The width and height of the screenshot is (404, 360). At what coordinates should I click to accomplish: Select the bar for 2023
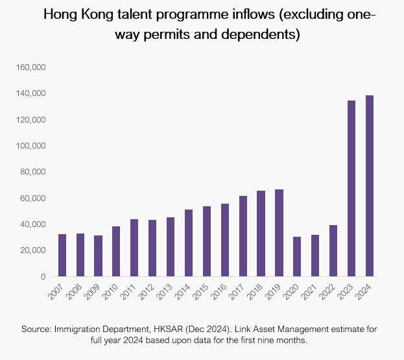(351, 189)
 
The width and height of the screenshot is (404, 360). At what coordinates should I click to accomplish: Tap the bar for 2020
(297, 257)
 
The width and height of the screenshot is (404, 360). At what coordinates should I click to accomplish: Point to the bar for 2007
(62, 256)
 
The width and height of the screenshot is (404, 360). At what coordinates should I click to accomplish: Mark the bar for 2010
(116, 252)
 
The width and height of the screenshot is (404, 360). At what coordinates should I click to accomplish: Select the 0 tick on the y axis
(42, 277)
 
